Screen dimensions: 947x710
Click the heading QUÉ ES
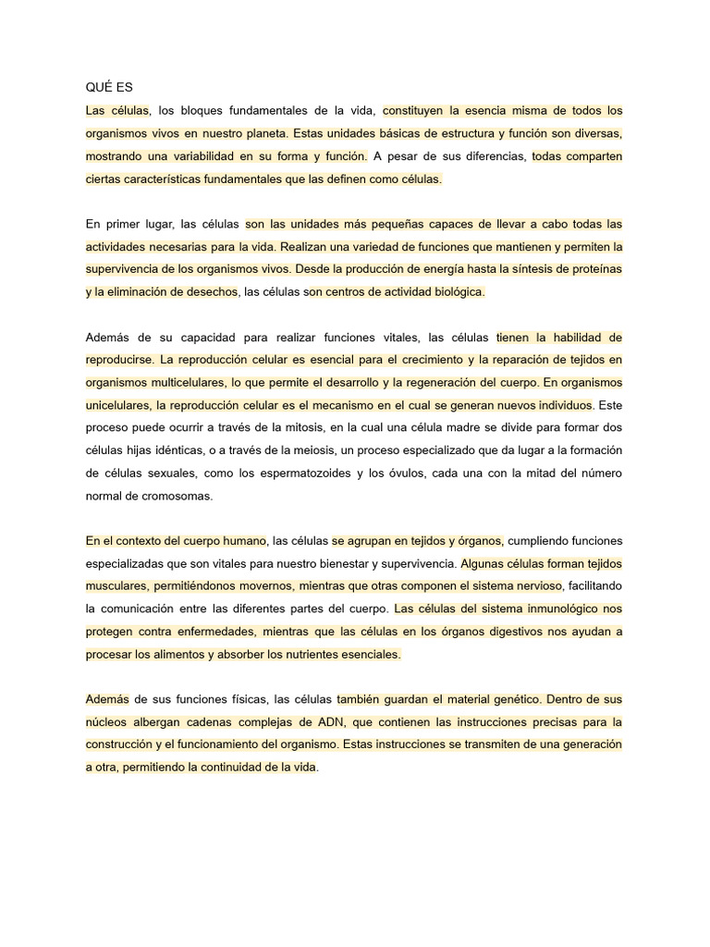coord(109,88)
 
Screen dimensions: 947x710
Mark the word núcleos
coord(108,721)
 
